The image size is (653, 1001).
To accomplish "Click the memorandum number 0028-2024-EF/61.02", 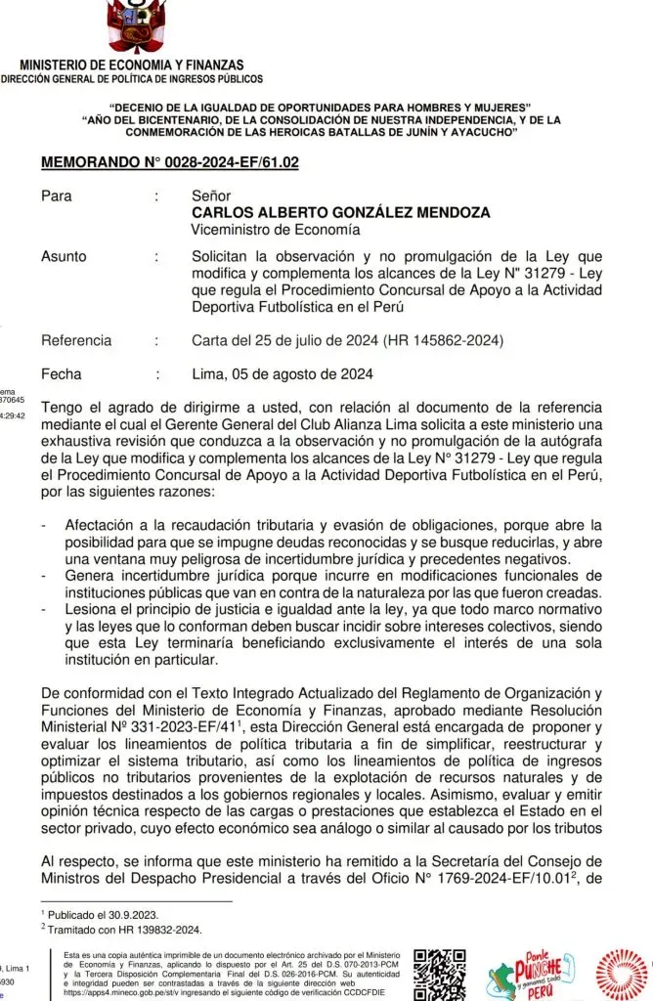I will pyautogui.click(x=169, y=162).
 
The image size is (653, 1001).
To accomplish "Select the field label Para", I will pyautogui.click(x=56, y=196).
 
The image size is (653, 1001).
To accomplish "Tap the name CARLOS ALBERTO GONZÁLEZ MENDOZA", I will pyautogui.click(x=340, y=213).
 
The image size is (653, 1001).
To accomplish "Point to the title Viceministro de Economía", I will pyautogui.click(x=276, y=230).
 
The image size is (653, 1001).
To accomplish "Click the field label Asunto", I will pyautogui.click(x=64, y=257).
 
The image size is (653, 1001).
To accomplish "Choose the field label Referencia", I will pyautogui.click(x=76, y=341).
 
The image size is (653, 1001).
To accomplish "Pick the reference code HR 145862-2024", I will pyautogui.click(x=452, y=341).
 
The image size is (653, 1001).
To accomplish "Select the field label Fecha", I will pyautogui.click(x=62, y=374).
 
